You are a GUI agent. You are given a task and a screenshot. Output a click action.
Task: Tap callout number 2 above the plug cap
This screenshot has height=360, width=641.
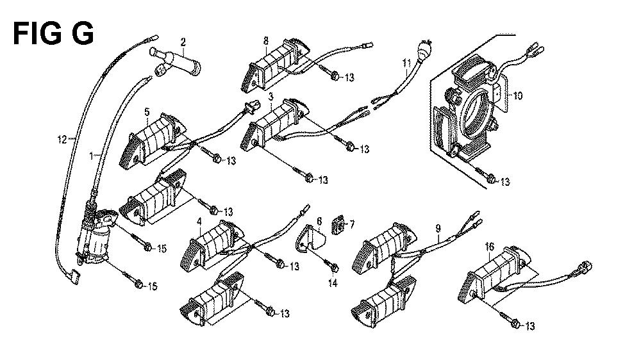183,43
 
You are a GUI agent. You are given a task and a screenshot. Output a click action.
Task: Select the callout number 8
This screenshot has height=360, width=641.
266,40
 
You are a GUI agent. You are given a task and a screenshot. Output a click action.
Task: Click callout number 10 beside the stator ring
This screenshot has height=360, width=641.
517,96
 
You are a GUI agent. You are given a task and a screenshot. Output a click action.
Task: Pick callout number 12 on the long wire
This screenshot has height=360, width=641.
62,138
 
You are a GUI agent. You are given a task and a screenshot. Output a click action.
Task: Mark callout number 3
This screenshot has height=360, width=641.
271,96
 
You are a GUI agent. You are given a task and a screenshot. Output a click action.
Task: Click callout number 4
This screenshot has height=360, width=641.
199,222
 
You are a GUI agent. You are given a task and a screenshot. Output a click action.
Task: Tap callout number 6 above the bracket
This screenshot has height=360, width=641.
318,221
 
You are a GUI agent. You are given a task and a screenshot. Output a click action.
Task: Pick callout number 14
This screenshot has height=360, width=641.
331,282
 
